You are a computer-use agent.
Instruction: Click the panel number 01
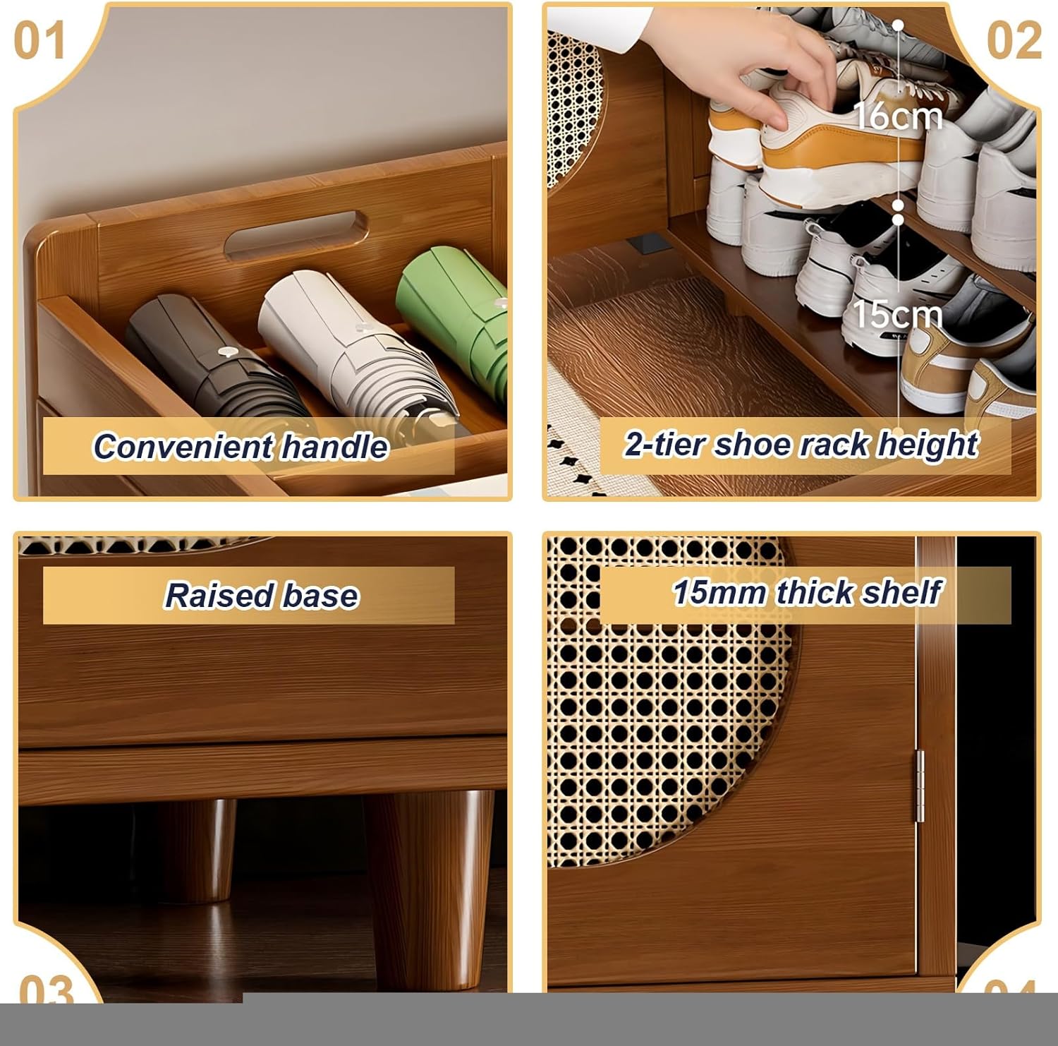pos(39,41)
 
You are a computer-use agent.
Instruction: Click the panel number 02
pos(1014,41)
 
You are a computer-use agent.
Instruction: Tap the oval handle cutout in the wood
pos(296,232)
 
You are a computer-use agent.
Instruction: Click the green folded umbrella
pos(458,311)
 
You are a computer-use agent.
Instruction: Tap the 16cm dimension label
pos(897,116)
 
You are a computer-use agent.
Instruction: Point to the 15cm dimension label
pos(897,314)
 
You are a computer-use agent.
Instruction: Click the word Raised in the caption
pos(218,595)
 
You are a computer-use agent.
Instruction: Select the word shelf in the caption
pos(901,592)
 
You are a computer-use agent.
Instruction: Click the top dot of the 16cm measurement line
pos(898,25)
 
